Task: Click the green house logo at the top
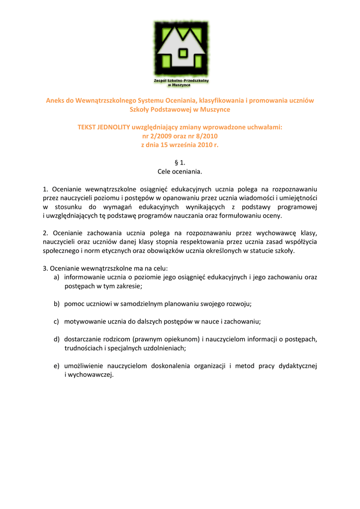(x=180, y=50)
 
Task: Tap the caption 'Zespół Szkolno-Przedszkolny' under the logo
(x=180, y=80)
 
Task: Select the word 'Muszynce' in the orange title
(x=215, y=109)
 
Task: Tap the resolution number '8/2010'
(x=207, y=136)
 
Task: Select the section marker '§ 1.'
(x=180, y=163)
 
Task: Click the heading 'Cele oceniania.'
(x=180, y=171)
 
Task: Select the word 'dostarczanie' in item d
(x=83, y=339)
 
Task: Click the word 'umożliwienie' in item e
(x=83, y=366)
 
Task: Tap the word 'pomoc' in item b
(x=73, y=303)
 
